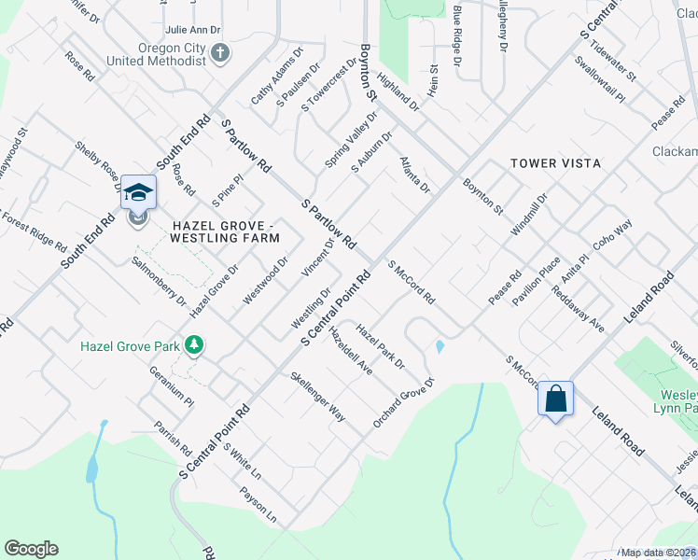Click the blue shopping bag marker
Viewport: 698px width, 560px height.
555,399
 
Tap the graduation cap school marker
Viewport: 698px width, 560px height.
138,192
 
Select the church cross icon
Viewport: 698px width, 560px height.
220,52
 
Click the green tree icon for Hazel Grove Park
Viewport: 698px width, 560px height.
194,346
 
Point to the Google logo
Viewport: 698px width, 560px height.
31,549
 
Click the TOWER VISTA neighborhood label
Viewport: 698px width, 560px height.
555,163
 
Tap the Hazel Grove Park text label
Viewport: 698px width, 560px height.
130,346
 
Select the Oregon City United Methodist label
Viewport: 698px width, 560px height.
156,52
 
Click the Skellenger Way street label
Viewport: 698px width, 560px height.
317,397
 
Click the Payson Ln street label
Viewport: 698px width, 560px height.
258,504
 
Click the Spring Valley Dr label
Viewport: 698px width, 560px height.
351,141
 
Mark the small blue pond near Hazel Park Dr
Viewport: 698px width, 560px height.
439,347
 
